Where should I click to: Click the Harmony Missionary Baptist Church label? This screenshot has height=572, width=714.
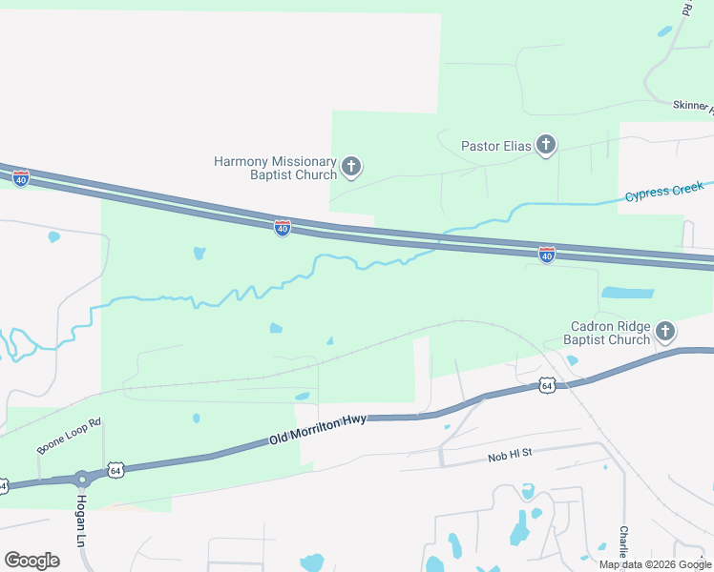click(x=275, y=169)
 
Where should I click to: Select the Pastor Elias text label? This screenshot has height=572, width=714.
click(x=494, y=146)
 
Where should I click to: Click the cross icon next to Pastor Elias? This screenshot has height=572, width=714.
click(x=546, y=145)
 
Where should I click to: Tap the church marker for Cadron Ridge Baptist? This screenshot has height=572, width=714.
click(x=665, y=333)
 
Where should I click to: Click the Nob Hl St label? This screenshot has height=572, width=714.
click(x=507, y=457)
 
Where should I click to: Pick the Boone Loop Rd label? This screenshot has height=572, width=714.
click(x=69, y=435)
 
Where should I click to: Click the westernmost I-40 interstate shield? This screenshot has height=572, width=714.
click(x=21, y=177)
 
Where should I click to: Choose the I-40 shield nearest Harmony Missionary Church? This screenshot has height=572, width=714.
click(x=283, y=228)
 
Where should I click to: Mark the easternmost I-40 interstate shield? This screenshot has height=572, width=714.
click(x=546, y=255)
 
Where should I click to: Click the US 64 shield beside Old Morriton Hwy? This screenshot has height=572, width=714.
click(x=115, y=470)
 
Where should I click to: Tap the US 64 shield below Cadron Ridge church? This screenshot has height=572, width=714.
click(x=546, y=385)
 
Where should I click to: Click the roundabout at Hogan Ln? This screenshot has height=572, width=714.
click(x=81, y=479)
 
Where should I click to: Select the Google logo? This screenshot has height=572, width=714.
click(x=31, y=561)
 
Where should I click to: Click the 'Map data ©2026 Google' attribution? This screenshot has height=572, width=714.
click(x=655, y=564)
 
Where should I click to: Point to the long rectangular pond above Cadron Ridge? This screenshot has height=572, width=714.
click(x=627, y=293)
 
